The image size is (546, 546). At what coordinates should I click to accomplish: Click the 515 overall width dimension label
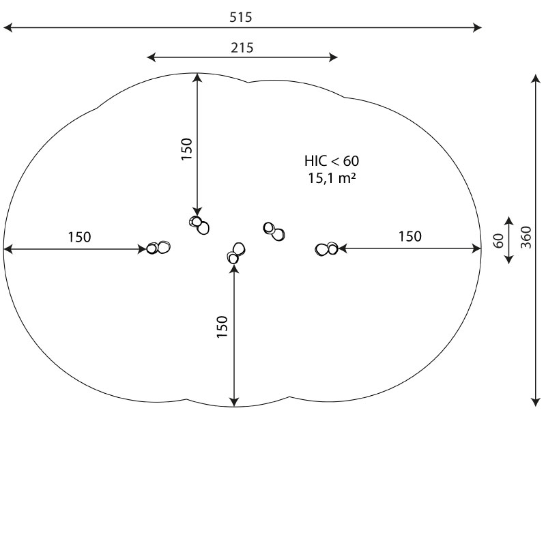[240, 17]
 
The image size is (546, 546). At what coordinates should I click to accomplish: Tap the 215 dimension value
[242, 48]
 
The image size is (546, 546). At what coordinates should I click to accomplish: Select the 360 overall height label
[526, 237]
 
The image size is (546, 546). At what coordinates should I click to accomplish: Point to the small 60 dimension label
[499, 241]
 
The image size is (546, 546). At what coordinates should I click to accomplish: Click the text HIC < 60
[332, 161]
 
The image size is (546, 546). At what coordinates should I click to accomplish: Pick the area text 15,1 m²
[332, 178]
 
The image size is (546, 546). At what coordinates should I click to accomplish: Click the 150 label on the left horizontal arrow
[79, 237]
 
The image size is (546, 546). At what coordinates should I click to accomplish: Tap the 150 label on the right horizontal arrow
[410, 236]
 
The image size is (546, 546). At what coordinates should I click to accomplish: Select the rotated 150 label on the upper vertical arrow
[187, 149]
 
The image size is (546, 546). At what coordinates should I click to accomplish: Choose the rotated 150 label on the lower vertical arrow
[222, 326]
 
